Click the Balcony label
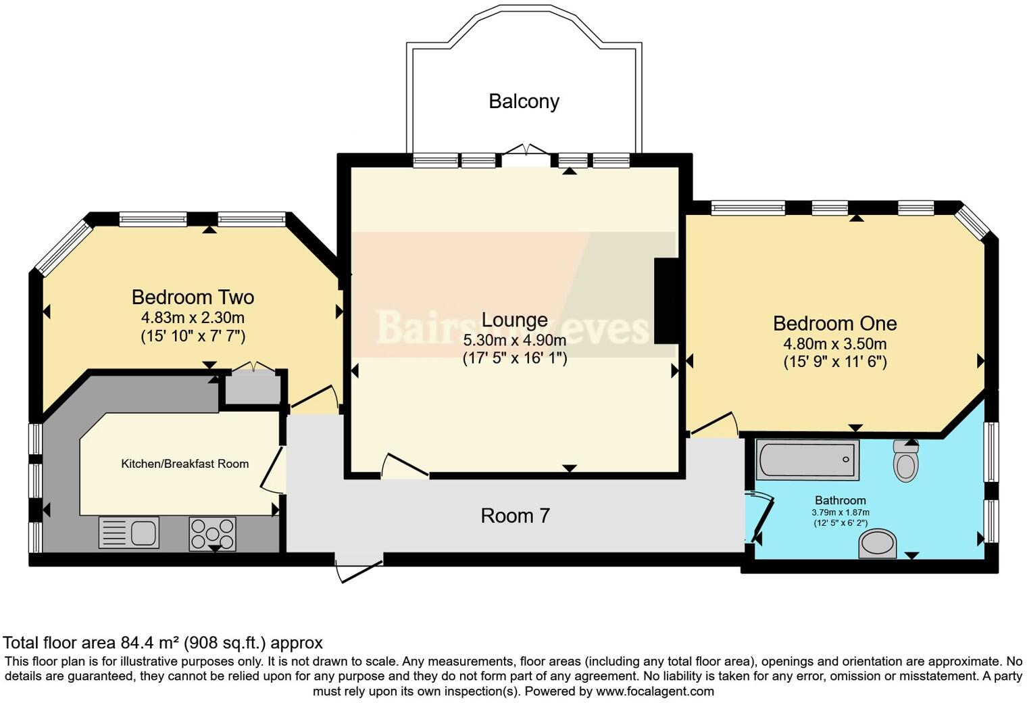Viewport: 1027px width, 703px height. point(524,101)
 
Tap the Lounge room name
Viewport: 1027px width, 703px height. point(514,320)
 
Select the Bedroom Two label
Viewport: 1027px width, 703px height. point(193,297)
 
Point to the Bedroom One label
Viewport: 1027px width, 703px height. point(834,323)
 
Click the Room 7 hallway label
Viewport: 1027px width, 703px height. point(515,516)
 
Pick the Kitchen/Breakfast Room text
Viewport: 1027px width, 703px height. point(184,464)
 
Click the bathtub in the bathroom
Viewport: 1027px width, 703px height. point(807,460)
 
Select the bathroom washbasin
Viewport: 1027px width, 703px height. point(878,543)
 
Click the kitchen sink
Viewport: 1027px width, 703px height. point(129,532)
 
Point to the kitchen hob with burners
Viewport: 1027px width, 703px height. point(212,533)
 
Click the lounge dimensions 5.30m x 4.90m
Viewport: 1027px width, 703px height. point(514,340)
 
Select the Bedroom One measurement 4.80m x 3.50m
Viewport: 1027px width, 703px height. point(834,343)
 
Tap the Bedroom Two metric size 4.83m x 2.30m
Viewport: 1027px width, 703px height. point(193,317)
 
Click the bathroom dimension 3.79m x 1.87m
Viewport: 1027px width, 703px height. point(840,512)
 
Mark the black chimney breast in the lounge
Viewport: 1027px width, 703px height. point(666,301)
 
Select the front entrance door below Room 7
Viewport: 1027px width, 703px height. point(359,568)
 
